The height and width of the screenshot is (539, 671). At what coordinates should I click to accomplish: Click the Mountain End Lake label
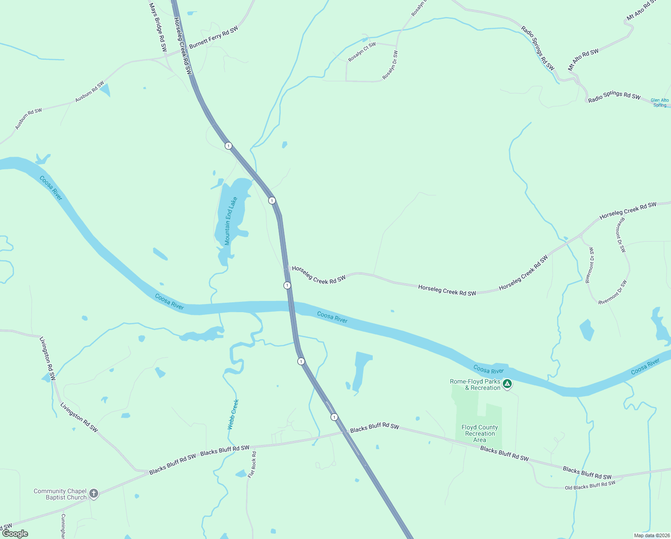[231, 221]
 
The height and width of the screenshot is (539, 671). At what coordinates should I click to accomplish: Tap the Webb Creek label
[233, 415]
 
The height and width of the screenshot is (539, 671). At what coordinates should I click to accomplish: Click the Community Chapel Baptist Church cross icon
[94, 494]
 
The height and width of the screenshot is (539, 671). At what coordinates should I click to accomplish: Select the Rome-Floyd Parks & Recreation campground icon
[507, 384]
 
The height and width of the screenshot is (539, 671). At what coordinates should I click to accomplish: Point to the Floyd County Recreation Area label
[479, 433]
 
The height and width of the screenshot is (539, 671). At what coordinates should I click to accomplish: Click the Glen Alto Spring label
[659, 103]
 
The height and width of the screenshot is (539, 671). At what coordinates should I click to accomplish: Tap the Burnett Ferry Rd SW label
[213, 37]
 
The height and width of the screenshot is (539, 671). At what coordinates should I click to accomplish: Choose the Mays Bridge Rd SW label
[157, 27]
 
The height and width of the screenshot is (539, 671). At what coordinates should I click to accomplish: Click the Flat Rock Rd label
[253, 464]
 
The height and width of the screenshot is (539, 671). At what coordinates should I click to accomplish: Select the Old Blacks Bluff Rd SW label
[590, 486]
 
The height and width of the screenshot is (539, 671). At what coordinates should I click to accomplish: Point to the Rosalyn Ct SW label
[362, 52]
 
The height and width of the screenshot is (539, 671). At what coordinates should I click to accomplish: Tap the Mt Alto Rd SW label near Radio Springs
[583, 59]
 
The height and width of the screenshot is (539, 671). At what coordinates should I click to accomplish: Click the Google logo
[15, 534]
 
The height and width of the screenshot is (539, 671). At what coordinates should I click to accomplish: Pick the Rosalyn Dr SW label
[390, 66]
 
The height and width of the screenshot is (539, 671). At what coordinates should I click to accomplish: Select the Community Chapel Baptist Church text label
[60, 494]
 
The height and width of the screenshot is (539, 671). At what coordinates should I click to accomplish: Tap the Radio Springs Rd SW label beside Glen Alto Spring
[614, 97]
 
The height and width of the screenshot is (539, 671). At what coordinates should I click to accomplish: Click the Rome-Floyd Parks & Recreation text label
[475, 384]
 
